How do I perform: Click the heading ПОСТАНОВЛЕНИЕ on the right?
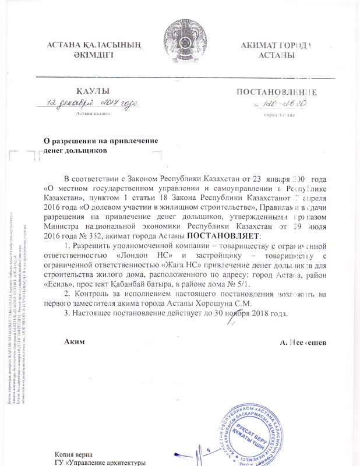point(276,92)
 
